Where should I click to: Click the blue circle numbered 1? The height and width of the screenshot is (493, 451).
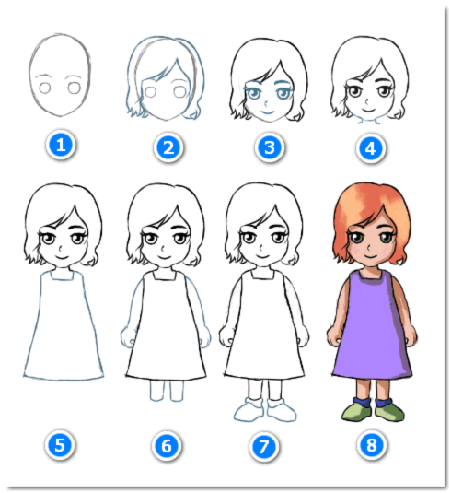[x=61, y=146]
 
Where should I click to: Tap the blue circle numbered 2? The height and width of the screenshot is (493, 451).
[x=168, y=147]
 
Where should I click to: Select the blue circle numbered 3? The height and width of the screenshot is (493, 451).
[x=270, y=147]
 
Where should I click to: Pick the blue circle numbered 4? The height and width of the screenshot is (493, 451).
[x=371, y=148]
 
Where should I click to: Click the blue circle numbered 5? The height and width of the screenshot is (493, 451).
[x=60, y=445]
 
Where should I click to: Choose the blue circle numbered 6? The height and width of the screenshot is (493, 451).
[x=167, y=446]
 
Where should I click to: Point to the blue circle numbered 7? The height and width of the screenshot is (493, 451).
[x=264, y=447]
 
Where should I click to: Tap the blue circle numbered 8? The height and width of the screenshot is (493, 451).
[x=372, y=445]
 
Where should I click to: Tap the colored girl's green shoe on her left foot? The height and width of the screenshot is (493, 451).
[x=388, y=412]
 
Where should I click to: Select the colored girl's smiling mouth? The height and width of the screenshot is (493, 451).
[x=371, y=256]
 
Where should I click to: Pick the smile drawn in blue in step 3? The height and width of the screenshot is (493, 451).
[x=268, y=112]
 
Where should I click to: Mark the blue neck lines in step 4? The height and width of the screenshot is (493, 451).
[x=368, y=121]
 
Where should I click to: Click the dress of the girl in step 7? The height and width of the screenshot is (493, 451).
[x=264, y=327]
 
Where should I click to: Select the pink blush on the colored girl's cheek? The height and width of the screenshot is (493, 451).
[x=355, y=250]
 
